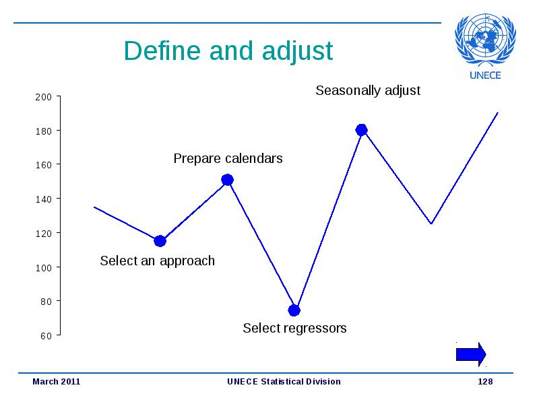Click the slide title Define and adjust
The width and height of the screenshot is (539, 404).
[228, 51]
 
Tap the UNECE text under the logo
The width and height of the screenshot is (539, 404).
[485, 75]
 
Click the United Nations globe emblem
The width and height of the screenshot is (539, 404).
[485, 39]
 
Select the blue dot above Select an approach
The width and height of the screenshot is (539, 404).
[160, 241]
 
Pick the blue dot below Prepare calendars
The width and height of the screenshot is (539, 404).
[227, 180]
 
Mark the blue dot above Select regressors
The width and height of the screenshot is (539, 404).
[294, 310]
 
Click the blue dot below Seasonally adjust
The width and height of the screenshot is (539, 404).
[361, 130]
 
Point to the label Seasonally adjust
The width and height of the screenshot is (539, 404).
[368, 91]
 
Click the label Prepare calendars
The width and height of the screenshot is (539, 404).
[228, 158]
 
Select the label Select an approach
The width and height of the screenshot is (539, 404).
[158, 261]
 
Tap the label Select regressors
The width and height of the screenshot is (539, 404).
[294, 329]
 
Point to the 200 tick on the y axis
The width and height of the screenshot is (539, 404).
[43, 97]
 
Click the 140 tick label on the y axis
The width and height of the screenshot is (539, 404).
[43, 199]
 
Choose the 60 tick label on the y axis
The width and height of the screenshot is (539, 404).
[46, 335]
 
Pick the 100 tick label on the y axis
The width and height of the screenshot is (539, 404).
[43, 267]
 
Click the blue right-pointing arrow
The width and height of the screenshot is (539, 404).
[471, 354]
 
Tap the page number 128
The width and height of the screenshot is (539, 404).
[485, 381]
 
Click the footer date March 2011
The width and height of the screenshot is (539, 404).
[57, 381]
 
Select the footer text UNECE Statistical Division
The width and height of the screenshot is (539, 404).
[284, 381]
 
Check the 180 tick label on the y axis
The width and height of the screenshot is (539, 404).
[43, 131]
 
